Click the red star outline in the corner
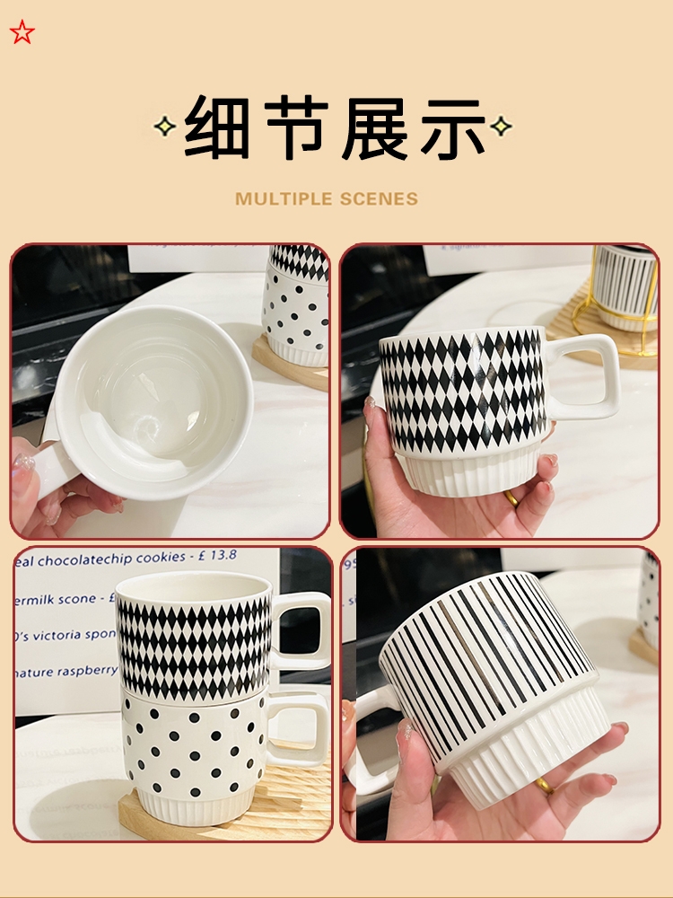pyautogui.click(x=22, y=33)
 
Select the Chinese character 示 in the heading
pyautogui.click(x=450, y=128)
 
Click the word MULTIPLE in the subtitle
pyautogui.click(x=281, y=198)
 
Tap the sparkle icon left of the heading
pyautogui.click(x=164, y=127)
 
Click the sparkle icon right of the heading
pyautogui.click(x=502, y=126)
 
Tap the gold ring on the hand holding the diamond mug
pyautogui.click(x=511, y=498)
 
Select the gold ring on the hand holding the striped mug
pyautogui.click(x=545, y=786)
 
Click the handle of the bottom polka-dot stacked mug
pyautogui.click(x=301, y=729)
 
